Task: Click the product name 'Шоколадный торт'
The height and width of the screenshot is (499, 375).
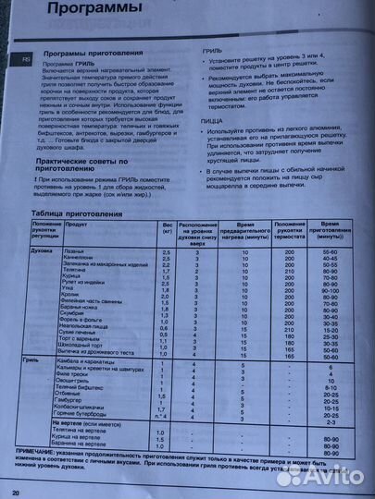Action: point(89,344)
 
